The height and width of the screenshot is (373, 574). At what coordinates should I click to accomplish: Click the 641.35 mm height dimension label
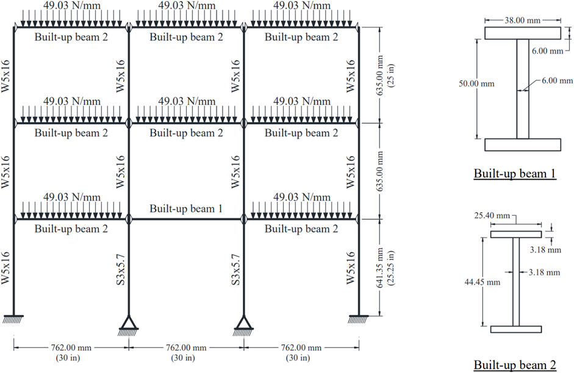tap(380, 268)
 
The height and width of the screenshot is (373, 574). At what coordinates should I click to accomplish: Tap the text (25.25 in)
tap(391, 268)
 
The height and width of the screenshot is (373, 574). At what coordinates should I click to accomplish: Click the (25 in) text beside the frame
tap(391, 75)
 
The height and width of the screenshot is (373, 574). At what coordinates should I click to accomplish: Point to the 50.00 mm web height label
tap(476, 83)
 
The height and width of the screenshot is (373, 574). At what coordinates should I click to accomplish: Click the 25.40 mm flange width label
tap(492, 215)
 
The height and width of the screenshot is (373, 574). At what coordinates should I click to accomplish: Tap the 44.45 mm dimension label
tap(482, 282)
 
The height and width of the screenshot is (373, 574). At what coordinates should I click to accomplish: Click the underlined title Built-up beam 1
tap(515, 173)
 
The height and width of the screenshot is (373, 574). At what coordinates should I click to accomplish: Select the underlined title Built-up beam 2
tap(515, 364)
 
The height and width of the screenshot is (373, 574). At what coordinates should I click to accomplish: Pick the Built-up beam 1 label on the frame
tap(186, 208)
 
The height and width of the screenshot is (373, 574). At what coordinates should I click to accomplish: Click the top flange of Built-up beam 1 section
tap(523, 33)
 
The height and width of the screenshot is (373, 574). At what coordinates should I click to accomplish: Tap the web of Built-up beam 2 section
tap(516, 282)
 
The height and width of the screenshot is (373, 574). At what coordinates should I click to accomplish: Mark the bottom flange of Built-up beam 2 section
tap(516, 329)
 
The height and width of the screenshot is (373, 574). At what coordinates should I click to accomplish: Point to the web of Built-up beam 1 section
tap(523, 89)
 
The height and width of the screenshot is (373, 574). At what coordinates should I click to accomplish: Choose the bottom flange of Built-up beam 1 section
tap(523, 145)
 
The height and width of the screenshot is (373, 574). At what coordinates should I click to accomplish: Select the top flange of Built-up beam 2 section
tap(516, 235)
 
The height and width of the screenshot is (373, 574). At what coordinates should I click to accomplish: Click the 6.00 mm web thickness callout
tap(557, 80)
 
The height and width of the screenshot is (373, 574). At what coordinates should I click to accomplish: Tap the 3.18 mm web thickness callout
tap(544, 272)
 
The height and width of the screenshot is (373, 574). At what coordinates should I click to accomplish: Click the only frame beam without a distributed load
tap(186, 219)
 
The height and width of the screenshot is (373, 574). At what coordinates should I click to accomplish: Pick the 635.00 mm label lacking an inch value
tap(380, 171)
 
